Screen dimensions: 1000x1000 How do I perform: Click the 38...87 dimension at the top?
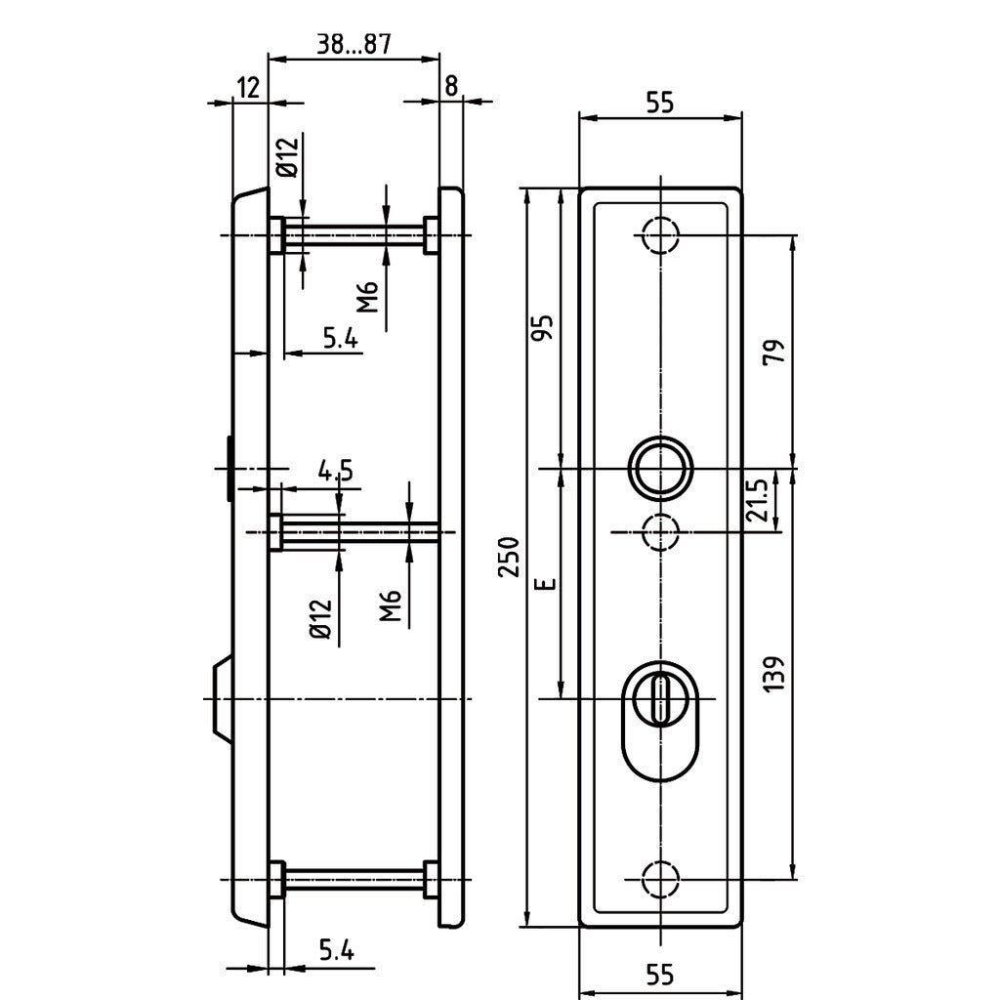point(353,44)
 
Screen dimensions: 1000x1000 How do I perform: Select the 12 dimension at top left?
point(248,87)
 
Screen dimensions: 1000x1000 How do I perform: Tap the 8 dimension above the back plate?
point(450,86)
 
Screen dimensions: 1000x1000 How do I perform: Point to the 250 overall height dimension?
point(509,557)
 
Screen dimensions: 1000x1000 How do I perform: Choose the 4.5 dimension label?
point(335,471)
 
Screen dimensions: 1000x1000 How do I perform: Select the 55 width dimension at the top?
point(660,103)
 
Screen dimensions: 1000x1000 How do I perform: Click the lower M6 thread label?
point(391,605)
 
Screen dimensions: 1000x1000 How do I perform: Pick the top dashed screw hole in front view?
point(660,234)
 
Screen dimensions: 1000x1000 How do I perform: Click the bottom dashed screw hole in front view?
point(660,878)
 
